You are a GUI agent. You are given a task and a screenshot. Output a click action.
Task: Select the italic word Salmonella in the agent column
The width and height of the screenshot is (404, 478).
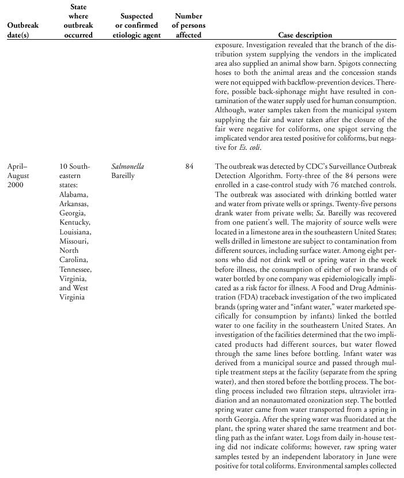pos(128,166)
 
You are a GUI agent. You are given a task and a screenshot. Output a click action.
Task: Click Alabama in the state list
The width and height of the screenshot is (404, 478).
pos(74,194)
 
